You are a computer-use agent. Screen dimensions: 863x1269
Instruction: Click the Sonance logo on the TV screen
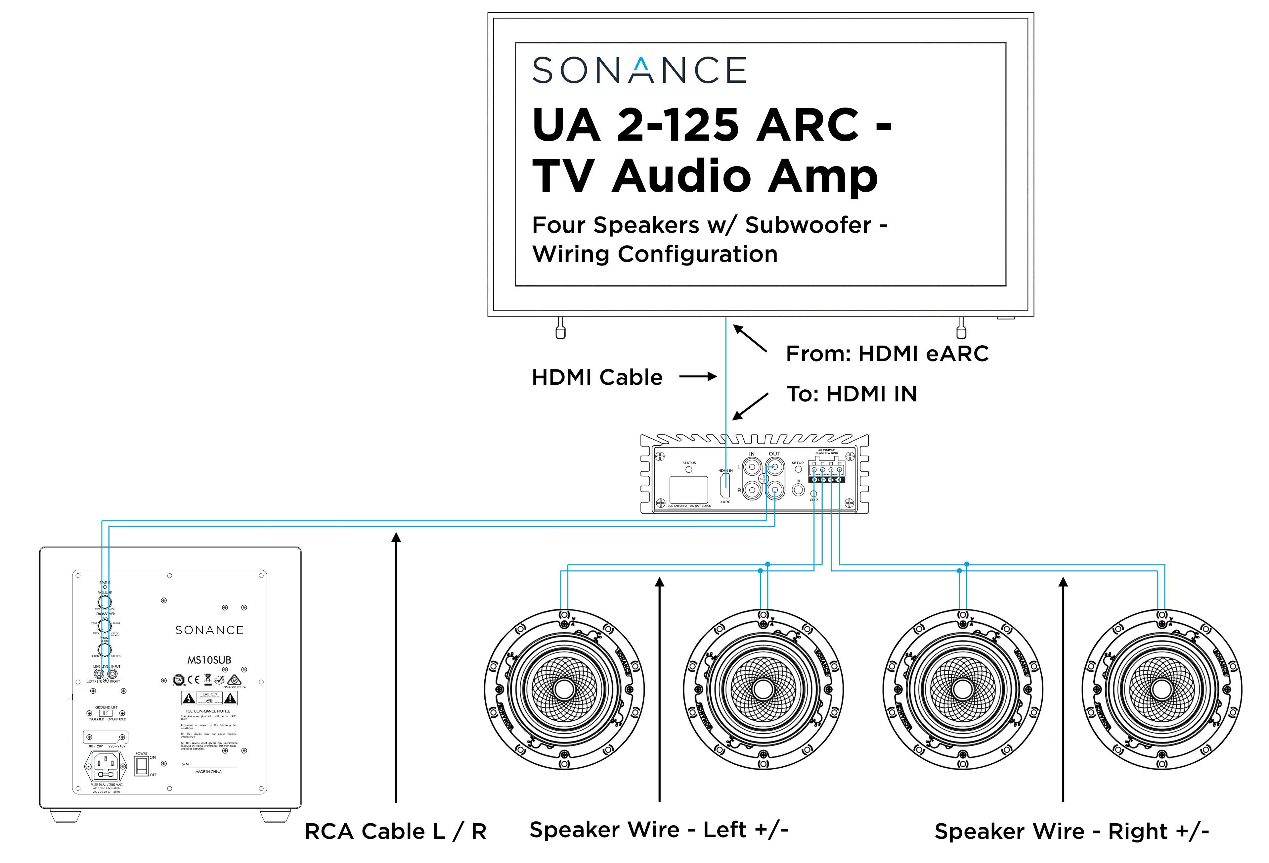click(x=639, y=70)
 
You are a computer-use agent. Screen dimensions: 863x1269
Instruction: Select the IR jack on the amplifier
click(x=798, y=490)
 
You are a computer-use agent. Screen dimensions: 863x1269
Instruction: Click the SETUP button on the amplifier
click(x=798, y=469)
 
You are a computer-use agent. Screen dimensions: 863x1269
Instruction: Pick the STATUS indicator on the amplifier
click(x=688, y=469)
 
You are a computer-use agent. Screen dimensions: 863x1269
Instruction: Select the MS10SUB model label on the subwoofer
click(x=209, y=660)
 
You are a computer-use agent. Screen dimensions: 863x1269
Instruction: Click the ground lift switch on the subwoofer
click(x=106, y=713)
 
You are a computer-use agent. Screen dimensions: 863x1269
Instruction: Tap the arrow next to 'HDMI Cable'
click(x=698, y=377)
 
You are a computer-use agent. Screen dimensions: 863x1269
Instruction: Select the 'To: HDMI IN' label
click(x=851, y=394)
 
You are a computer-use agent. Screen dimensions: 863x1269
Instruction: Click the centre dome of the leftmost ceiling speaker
click(x=564, y=689)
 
